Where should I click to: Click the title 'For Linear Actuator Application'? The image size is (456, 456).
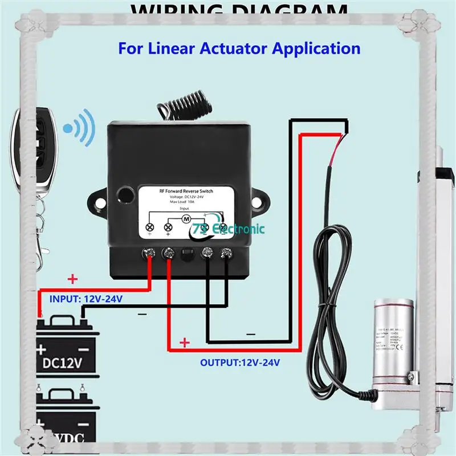click(239, 48)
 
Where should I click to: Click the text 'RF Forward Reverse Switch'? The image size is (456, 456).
click(186, 192)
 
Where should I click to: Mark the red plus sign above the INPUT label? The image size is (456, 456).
click(72, 279)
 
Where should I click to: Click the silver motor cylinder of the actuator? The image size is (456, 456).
click(393, 342)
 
